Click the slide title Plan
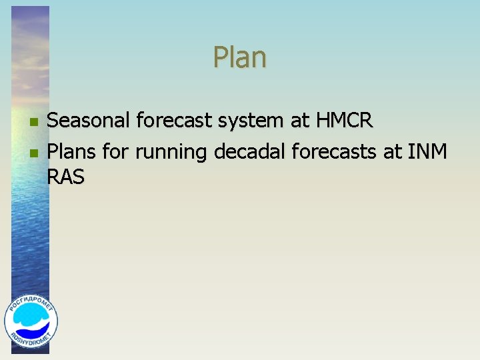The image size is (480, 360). [x=240, y=58]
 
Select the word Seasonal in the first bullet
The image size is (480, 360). [x=89, y=121]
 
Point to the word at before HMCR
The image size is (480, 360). [x=299, y=121]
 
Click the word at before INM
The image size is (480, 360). [x=393, y=153]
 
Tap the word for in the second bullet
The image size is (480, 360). [x=116, y=152]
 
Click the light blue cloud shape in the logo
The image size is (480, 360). [x=31, y=318]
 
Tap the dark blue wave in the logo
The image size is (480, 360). [x=31, y=330]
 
